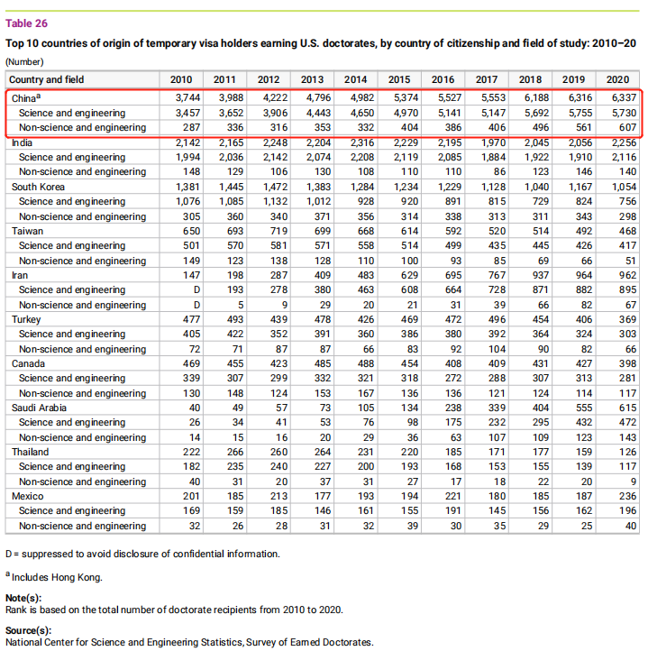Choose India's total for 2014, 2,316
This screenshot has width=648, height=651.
point(355,142)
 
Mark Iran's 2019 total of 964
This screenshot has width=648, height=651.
point(578,275)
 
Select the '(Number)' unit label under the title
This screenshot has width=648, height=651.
point(24,61)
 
